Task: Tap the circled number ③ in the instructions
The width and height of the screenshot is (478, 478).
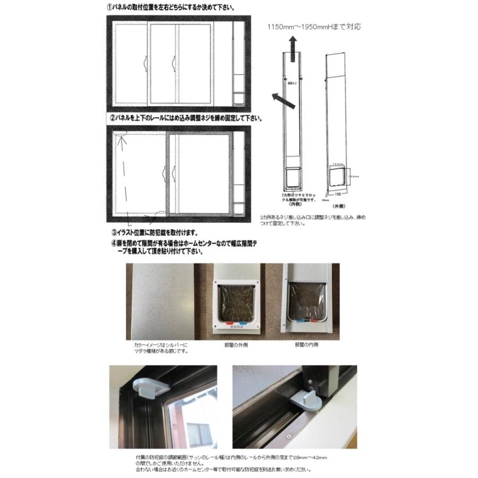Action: (115, 232)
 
